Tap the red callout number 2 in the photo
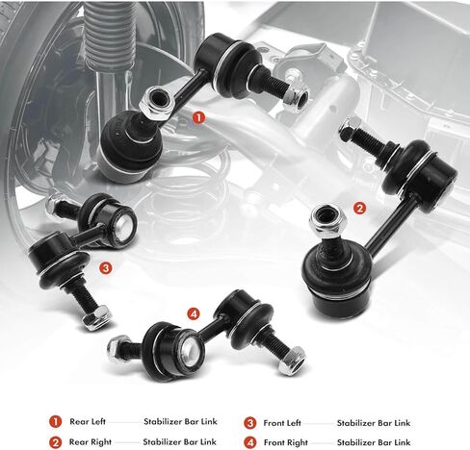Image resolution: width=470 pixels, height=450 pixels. (359, 207)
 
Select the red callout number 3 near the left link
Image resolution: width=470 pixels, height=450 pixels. (105, 268)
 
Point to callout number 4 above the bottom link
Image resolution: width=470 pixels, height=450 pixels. (194, 312)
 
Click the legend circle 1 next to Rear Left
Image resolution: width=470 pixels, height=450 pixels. (55, 421)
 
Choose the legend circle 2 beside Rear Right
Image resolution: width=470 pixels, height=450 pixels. (55, 441)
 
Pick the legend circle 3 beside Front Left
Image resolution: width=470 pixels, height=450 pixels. (248, 421)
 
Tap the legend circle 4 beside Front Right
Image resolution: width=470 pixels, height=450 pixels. (248, 441)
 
